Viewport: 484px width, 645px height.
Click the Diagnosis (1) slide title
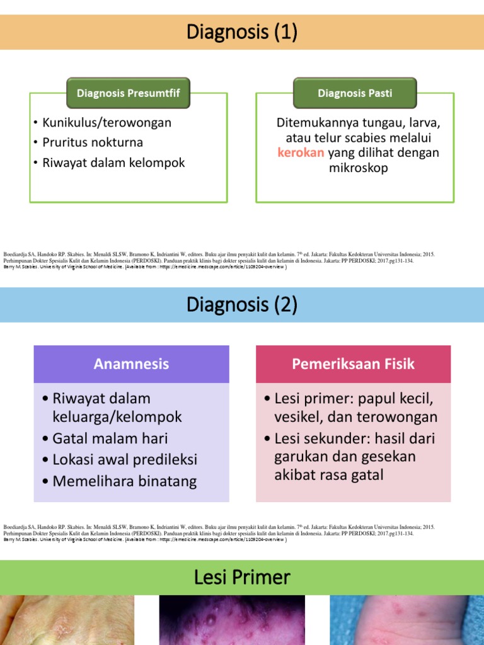pos(242,32)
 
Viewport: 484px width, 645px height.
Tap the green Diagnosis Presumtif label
pos(128,93)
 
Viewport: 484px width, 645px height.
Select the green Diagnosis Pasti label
pos(355,93)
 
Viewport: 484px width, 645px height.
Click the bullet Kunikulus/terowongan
pos(107,122)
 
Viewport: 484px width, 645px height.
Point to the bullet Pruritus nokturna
pos(93,142)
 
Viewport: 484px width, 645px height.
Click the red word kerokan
pos(301,153)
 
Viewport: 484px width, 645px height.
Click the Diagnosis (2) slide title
pos(242,305)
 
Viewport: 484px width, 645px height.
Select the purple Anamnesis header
pos(131,364)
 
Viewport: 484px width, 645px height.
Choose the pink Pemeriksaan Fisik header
pos(353,364)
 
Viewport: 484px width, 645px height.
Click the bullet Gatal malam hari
pos(110,438)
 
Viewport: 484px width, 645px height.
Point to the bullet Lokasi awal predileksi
pos(125,459)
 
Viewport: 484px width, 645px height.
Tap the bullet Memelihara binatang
pos(124,482)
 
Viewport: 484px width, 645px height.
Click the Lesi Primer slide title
pos(242,577)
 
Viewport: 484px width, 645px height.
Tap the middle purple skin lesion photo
pos(231,620)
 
